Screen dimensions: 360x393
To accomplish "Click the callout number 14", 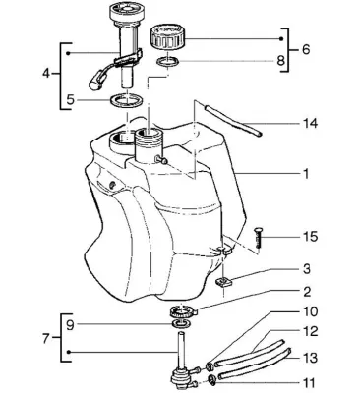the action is [x=309, y=124].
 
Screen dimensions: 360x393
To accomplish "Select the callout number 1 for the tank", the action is [x=306, y=174].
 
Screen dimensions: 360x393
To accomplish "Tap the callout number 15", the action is [x=310, y=236].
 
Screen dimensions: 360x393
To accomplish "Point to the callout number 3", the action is [x=307, y=269].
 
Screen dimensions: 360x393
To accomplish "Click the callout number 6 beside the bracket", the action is [x=305, y=50].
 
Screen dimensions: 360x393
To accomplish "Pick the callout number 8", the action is [x=280, y=61].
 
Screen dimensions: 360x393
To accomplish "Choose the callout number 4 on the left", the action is [x=46, y=73].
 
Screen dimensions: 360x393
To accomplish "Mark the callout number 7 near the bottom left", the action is [x=46, y=337].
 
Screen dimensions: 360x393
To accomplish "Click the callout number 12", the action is [x=309, y=332].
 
